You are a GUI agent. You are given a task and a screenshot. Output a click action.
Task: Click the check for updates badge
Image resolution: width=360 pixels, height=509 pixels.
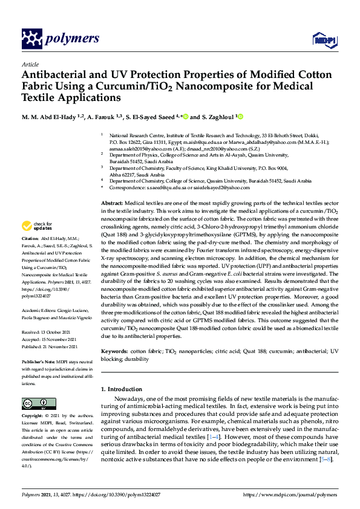[38, 227]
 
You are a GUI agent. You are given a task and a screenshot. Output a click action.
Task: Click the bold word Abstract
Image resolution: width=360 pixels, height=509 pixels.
[112, 204]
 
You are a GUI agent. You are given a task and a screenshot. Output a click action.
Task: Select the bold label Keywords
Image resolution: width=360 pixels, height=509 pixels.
[114, 351]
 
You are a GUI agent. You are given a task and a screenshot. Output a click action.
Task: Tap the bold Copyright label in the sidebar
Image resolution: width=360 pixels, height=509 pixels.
[33, 417]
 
